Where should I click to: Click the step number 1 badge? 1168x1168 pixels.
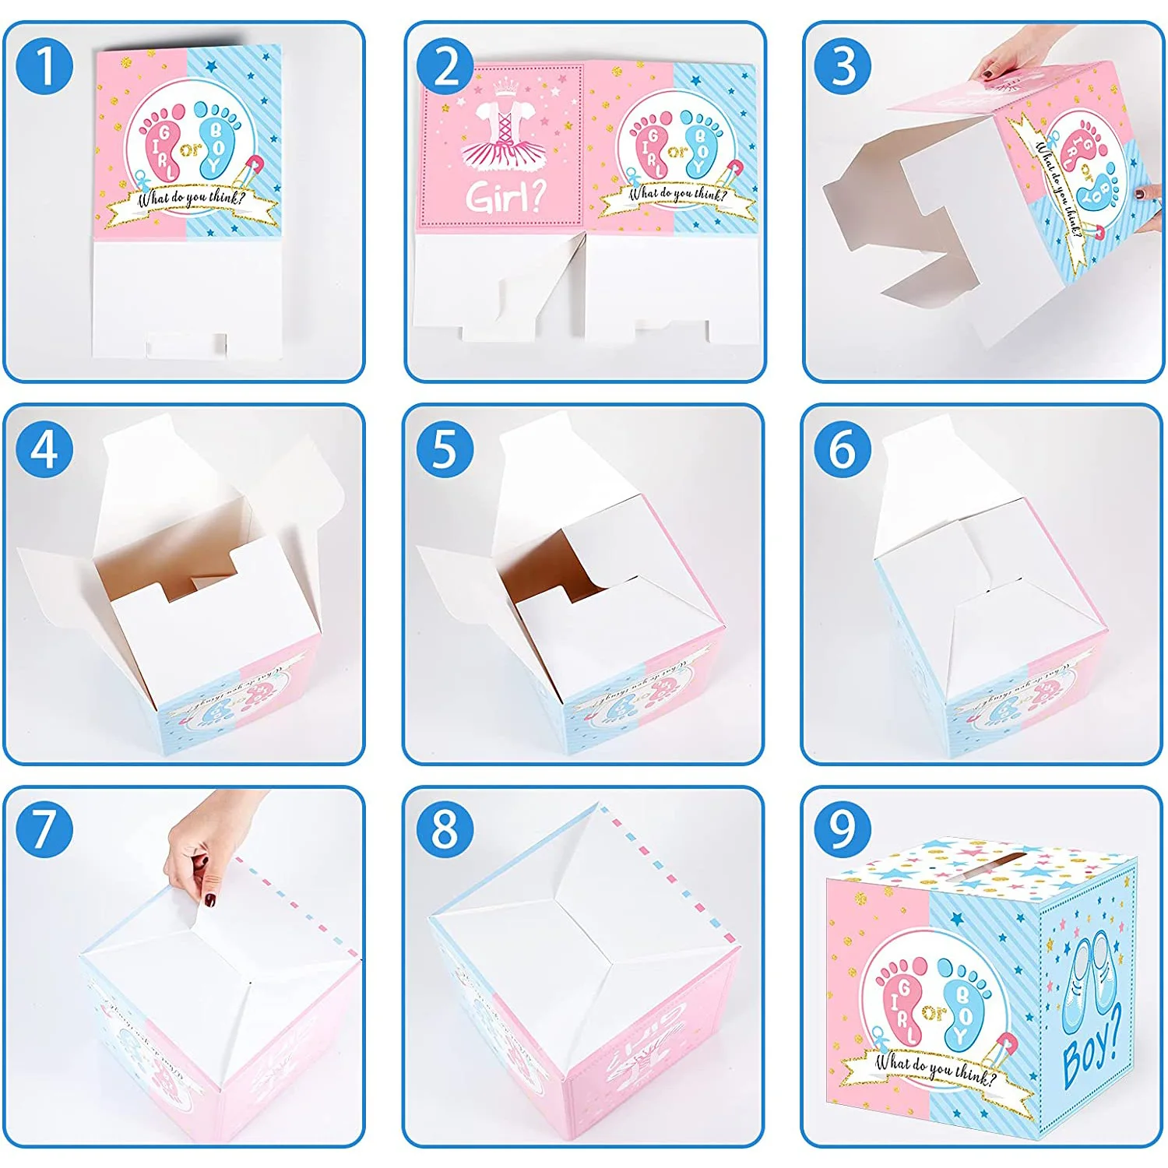[x=44, y=65]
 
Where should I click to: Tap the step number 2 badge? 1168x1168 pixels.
[x=445, y=65]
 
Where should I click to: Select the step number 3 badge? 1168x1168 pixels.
[x=843, y=65]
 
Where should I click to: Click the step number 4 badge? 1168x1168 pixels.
[x=44, y=449]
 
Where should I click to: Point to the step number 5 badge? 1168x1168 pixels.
[x=445, y=449]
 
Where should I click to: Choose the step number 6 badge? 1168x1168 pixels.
[x=843, y=449]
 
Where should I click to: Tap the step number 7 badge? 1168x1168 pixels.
[x=44, y=829]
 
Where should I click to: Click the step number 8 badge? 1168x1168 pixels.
[x=445, y=829]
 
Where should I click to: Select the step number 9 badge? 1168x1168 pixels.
[x=843, y=829]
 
